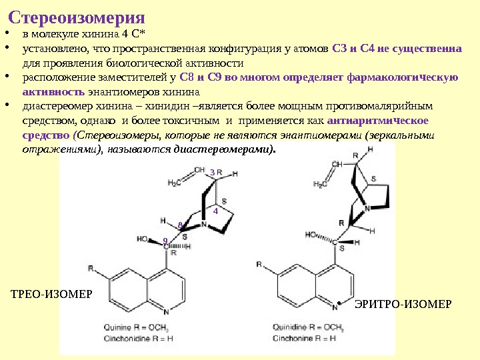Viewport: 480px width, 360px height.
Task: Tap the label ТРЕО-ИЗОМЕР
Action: (x=51, y=294)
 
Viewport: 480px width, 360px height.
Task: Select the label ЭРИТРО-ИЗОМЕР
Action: (x=403, y=304)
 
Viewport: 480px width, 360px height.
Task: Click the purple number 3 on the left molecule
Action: (x=212, y=173)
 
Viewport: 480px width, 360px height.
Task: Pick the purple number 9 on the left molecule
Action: (x=165, y=240)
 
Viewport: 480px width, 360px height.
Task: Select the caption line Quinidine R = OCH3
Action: (x=308, y=327)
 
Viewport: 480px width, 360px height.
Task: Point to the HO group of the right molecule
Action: (x=311, y=235)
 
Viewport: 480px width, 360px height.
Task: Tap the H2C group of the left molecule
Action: (x=175, y=183)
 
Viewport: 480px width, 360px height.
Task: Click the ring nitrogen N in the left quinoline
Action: (x=166, y=311)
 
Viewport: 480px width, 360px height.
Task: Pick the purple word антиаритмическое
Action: (x=380, y=121)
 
